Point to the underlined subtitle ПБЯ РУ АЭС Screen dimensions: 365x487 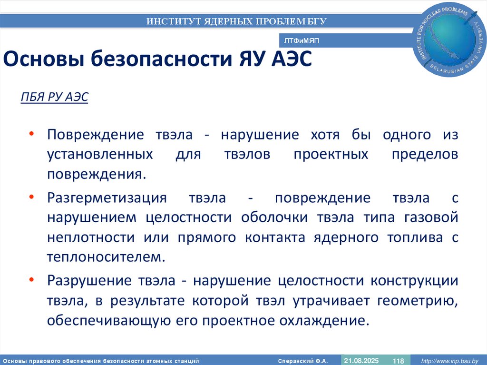click(x=55, y=97)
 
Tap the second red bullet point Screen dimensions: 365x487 click(x=31, y=197)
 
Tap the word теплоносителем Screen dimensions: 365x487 click(x=106, y=257)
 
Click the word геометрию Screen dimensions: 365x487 click(x=418, y=300)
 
